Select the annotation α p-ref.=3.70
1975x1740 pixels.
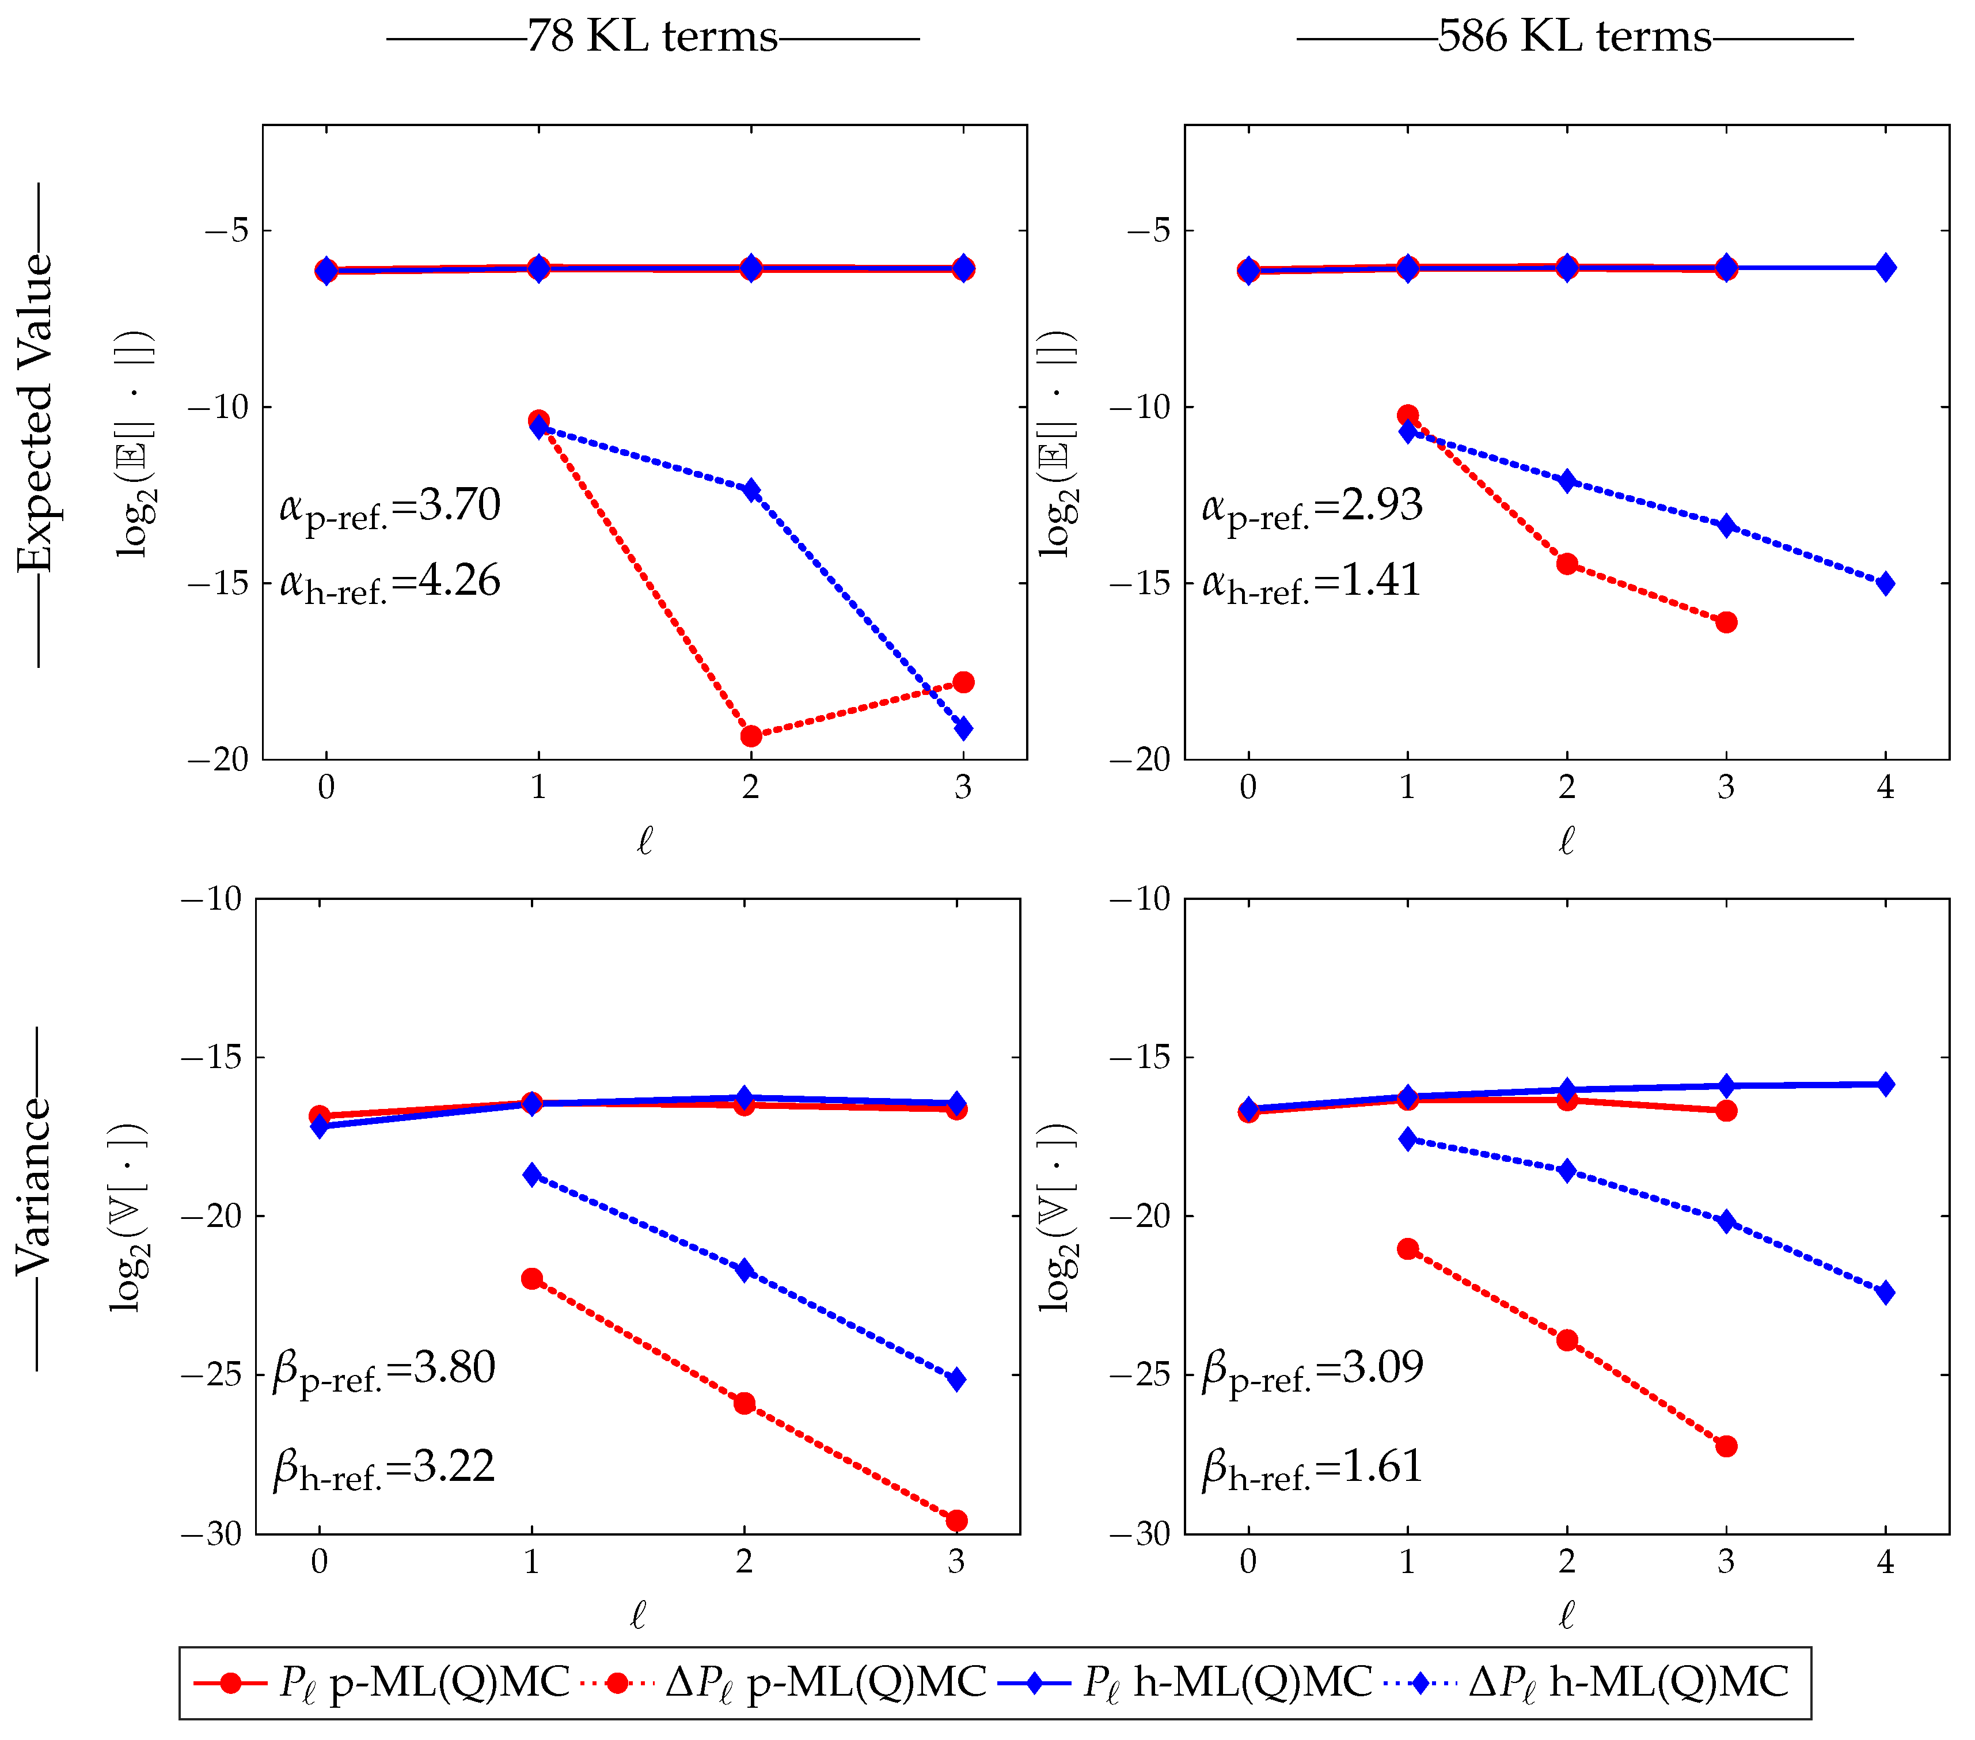(390, 507)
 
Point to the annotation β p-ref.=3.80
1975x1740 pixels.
(385, 1370)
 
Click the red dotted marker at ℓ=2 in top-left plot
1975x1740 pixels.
(751, 736)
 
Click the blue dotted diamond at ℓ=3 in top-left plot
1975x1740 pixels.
(963, 728)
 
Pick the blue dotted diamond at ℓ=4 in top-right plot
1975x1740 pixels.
(1885, 583)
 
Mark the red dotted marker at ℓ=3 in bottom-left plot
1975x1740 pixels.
(956, 1521)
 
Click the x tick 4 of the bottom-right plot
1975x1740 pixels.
(1885, 1562)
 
